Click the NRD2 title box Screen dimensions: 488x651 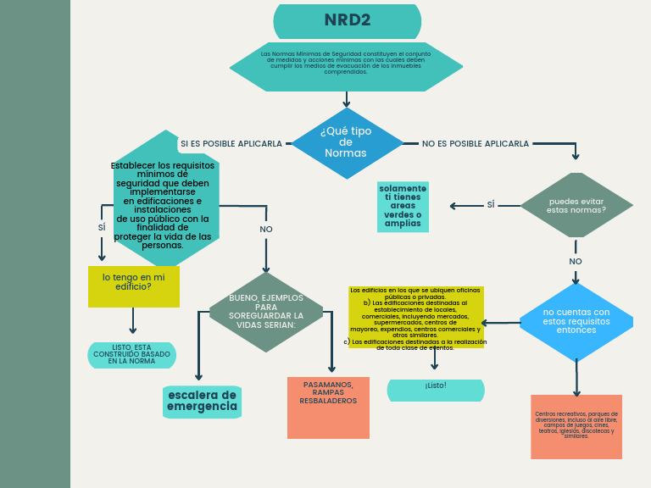348,21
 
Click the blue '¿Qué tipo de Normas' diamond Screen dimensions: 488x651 347,143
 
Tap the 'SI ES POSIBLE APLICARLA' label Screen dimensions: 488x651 231,144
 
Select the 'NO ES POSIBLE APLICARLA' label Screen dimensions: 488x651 475,144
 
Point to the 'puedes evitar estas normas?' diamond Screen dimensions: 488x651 576,205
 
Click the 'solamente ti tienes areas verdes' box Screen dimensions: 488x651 403,207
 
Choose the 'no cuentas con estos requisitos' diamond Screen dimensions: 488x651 576,322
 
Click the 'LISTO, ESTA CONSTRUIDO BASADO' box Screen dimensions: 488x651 131,355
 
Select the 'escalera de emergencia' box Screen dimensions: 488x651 202,402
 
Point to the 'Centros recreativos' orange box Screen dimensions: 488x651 576,427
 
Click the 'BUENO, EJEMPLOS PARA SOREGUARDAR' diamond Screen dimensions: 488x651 266,312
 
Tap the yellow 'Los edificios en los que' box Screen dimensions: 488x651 415,318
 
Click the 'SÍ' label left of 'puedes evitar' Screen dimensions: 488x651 491,205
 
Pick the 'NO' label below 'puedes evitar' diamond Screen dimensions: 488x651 576,262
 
